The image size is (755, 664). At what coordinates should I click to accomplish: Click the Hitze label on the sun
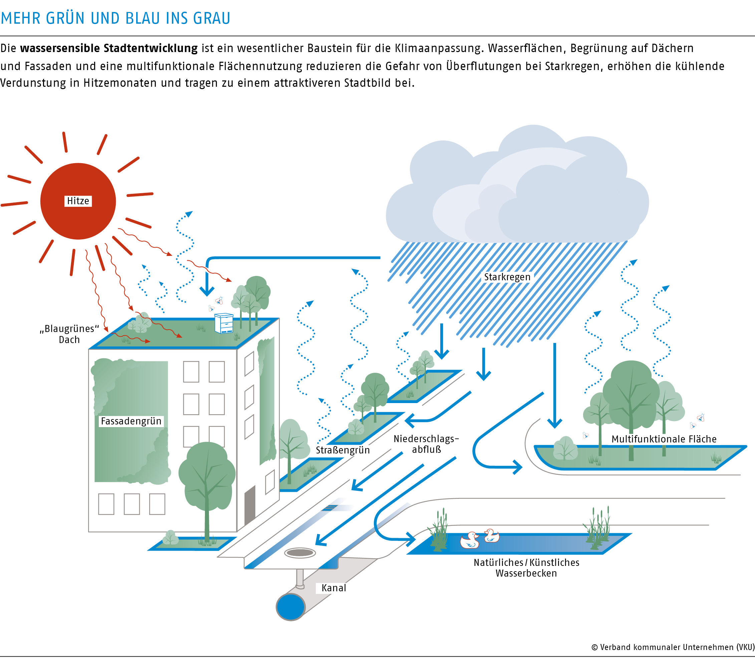[78, 201]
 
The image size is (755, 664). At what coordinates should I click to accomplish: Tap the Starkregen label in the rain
[507, 277]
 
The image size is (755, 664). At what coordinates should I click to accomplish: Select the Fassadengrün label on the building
[131, 421]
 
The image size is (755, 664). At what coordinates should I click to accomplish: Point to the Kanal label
[333, 588]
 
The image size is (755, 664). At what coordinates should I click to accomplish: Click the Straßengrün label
[342, 450]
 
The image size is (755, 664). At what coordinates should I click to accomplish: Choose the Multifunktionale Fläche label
[664, 439]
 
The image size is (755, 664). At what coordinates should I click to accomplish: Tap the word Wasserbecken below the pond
[526, 573]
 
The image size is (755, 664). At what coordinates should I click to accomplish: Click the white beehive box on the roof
[224, 323]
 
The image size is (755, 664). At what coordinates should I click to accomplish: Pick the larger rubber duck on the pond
[470, 540]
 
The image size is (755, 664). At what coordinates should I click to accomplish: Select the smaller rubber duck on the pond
[492, 536]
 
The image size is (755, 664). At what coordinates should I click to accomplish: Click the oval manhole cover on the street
[300, 553]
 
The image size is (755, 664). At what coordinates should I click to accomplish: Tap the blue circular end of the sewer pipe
[291, 607]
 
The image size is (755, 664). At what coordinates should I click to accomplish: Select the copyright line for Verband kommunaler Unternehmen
[673, 647]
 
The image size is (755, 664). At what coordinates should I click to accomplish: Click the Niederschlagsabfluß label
[426, 444]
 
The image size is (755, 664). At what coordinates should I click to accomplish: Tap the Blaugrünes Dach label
[69, 334]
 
